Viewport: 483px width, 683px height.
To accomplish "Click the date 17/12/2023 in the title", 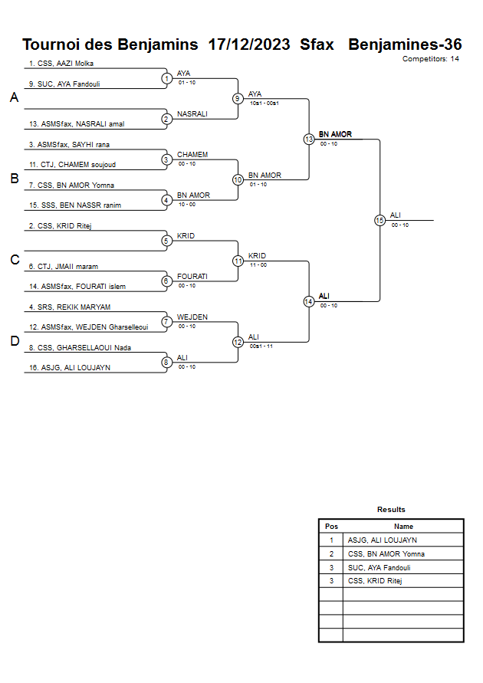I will pos(249,44).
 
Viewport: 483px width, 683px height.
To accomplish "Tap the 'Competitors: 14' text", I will pos(431,58).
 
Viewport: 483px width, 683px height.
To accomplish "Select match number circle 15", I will pos(379,220).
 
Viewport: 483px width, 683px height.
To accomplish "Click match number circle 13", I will pos(309,140).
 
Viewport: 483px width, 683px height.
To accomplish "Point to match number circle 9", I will pos(238,98).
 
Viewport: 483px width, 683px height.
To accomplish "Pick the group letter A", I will pos(14,98).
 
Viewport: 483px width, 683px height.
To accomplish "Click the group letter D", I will pos(14,341).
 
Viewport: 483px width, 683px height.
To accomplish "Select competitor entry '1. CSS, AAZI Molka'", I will pos(61,64).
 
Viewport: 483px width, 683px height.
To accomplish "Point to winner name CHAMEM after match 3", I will pos(192,155).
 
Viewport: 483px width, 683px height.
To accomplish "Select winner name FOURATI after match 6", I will pos(192,276).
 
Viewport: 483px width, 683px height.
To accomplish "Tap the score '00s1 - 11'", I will pos(261,346).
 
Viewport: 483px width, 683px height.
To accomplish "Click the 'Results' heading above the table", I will pos(391,509).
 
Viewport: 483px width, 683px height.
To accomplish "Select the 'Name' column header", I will pos(403,527).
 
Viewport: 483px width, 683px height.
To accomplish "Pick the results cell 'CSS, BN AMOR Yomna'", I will pos(386,553).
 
